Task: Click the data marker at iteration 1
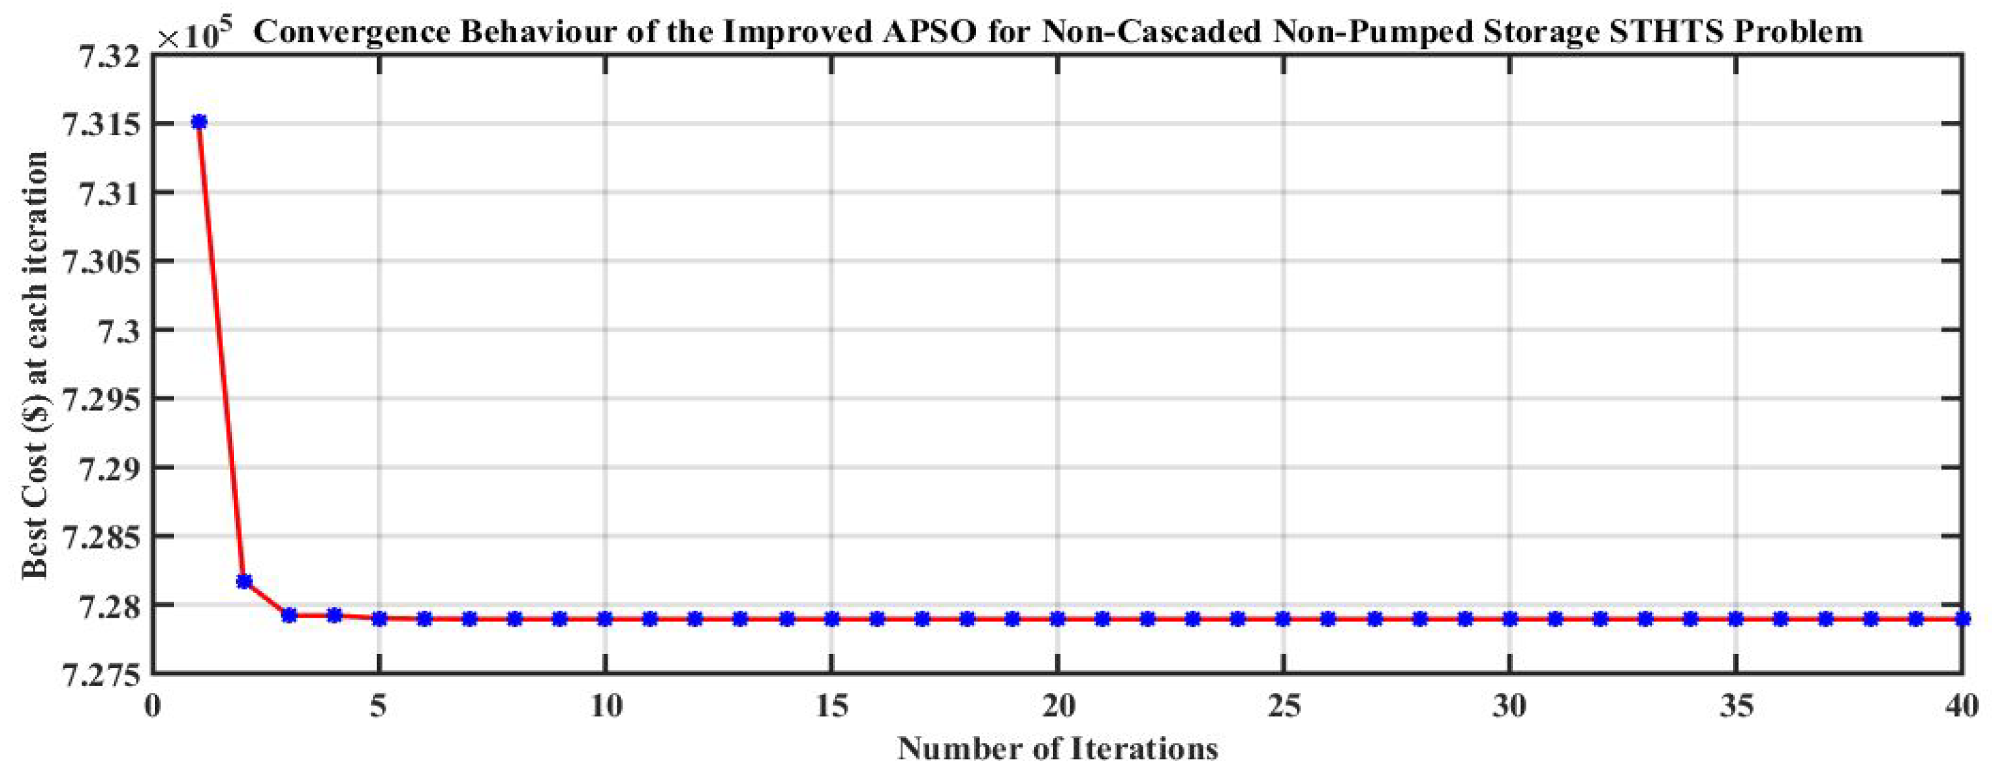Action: point(199,121)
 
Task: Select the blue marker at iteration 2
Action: point(244,581)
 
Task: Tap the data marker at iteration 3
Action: point(289,615)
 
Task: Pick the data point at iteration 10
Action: point(604,619)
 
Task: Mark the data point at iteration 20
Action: point(1057,619)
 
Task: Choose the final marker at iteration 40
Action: point(1962,619)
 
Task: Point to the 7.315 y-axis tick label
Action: point(98,124)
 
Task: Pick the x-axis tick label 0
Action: point(153,707)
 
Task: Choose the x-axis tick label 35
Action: point(1735,707)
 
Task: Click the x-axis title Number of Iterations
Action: point(1057,750)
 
